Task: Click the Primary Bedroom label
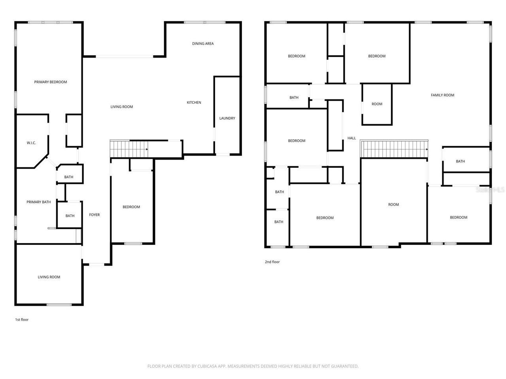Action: pyautogui.click(x=50, y=82)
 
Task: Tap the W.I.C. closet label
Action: pyautogui.click(x=31, y=143)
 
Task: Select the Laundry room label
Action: pyautogui.click(x=227, y=118)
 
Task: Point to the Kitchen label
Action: pyautogui.click(x=194, y=103)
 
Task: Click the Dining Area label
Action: pyautogui.click(x=203, y=43)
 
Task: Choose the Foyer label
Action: pyautogui.click(x=94, y=215)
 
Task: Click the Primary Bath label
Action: pyautogui.click(x=38, y=202)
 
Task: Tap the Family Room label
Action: pyautogui.click(x=442, y=95)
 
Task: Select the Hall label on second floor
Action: pyautogui.click(x=351, y=138)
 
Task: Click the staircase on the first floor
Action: pyautogui.click(x=128, y=149)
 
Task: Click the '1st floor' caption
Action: pyautogui.click(x=22, y=319)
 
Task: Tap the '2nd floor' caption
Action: pyautogui.click(x=272, y=262)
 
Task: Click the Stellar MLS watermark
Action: pyautogui.click(x=490, y=189)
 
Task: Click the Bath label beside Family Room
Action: pyautogui.click(x=460, y=161)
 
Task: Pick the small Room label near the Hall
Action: pyautogui.click(x=377, y=104)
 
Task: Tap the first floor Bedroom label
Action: pyautogui.click(x=131, y=207)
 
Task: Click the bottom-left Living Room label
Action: pyautogui.click(x=49, y=277)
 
